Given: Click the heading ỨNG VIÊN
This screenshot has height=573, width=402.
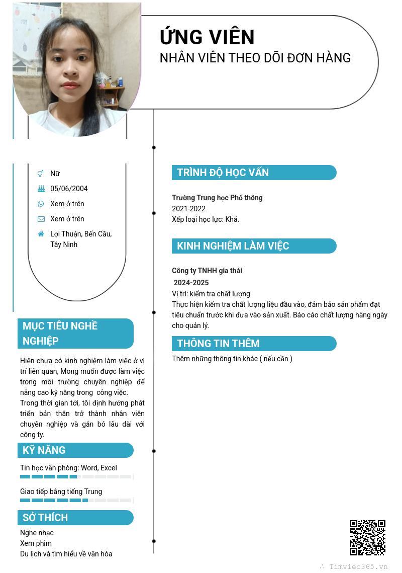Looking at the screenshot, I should coord(207,37).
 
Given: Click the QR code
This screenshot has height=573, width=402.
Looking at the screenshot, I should coord(368,537).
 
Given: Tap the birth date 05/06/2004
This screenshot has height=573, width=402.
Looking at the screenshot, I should coord(69,189).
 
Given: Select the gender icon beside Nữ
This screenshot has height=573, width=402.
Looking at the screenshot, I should coord(41,174).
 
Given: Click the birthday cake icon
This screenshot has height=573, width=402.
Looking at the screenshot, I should coord(41,189).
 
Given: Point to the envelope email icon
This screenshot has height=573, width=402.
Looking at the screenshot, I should coord(41,219).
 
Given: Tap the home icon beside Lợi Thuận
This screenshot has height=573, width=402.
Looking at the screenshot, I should coord(41,234).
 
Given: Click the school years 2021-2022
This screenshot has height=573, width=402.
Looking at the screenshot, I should coord(188,209).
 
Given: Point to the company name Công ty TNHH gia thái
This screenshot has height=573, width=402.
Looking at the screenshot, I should coord(207,271).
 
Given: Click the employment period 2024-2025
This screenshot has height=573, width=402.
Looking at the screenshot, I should coord(191,283).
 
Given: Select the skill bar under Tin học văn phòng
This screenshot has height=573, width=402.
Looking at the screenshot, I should coord(75,476).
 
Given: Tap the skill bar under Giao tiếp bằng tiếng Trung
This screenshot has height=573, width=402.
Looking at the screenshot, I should coord(75,501).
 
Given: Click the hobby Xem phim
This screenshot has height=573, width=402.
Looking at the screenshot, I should coord(36,543).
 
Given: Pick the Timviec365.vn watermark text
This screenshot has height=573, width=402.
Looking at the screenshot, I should coord(358,566).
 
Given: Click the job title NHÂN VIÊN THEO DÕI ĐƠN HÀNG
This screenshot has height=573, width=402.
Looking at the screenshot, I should coord(255,58).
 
